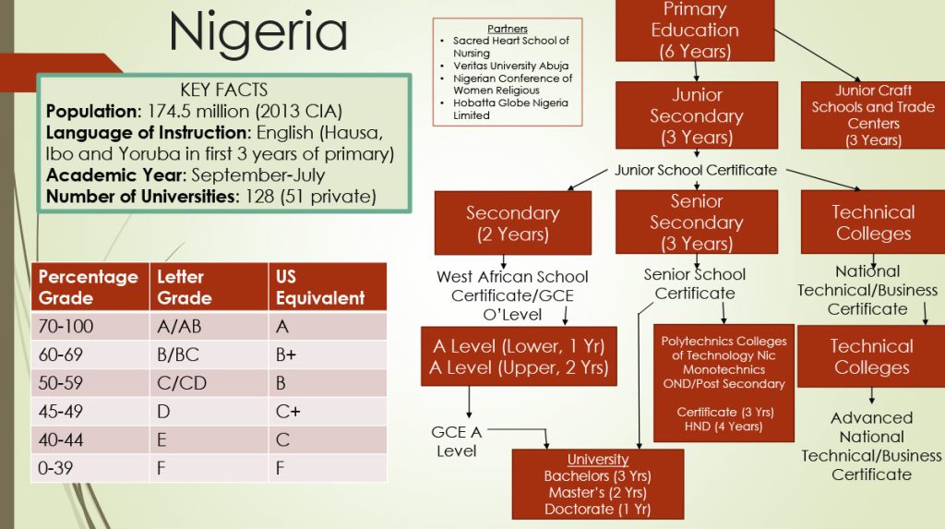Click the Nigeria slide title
[258, 33]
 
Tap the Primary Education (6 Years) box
[695, 30]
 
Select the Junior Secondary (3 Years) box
[696, 115]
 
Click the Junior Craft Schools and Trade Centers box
[872, 115]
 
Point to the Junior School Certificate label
[696, 170]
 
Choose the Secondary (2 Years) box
[512, 223]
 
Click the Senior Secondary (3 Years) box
[696, 222]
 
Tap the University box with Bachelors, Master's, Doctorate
[598, 484]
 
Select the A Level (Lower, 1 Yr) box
[519, 356]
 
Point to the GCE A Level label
[456, 441]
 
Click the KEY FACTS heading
[223, 90]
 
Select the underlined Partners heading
[508, 29]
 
